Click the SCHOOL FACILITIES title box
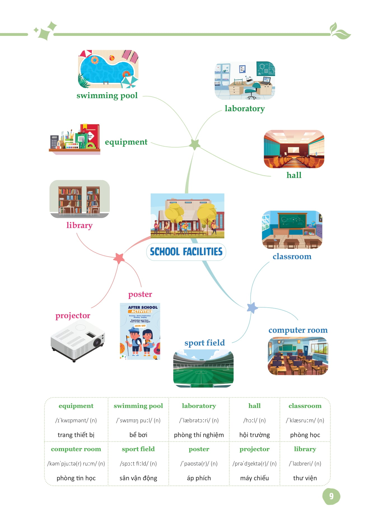tap(186, 252)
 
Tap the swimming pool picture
tap(108, 69)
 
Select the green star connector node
tap(195, 144)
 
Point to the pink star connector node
tap(119, 258)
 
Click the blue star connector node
tap(252, 308)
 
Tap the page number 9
tap(331, 496)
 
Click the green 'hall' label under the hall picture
tap(294, 175)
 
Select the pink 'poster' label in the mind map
tap(140, 294)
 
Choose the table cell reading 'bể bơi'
tap(138, 435)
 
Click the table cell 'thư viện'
tap(305, 478)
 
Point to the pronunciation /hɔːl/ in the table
tap(254, 420)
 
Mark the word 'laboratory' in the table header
tap(199, 406)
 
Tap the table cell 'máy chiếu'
tap(254, 478)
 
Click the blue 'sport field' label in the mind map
tap(204, 343)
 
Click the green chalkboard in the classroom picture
tap(292, 220)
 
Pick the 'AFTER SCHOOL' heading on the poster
tap(143, 307)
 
